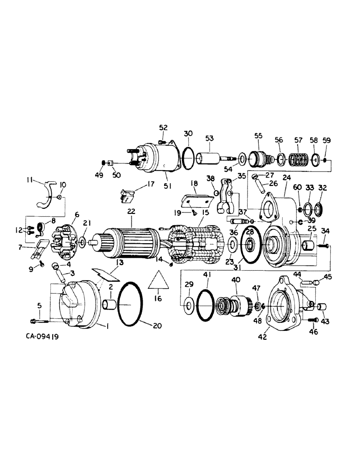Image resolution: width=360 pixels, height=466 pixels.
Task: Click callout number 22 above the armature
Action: coord(131,211)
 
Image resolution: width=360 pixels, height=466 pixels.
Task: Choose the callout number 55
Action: coord(258,136)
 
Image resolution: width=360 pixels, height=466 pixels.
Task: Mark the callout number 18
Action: coord(194,184)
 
